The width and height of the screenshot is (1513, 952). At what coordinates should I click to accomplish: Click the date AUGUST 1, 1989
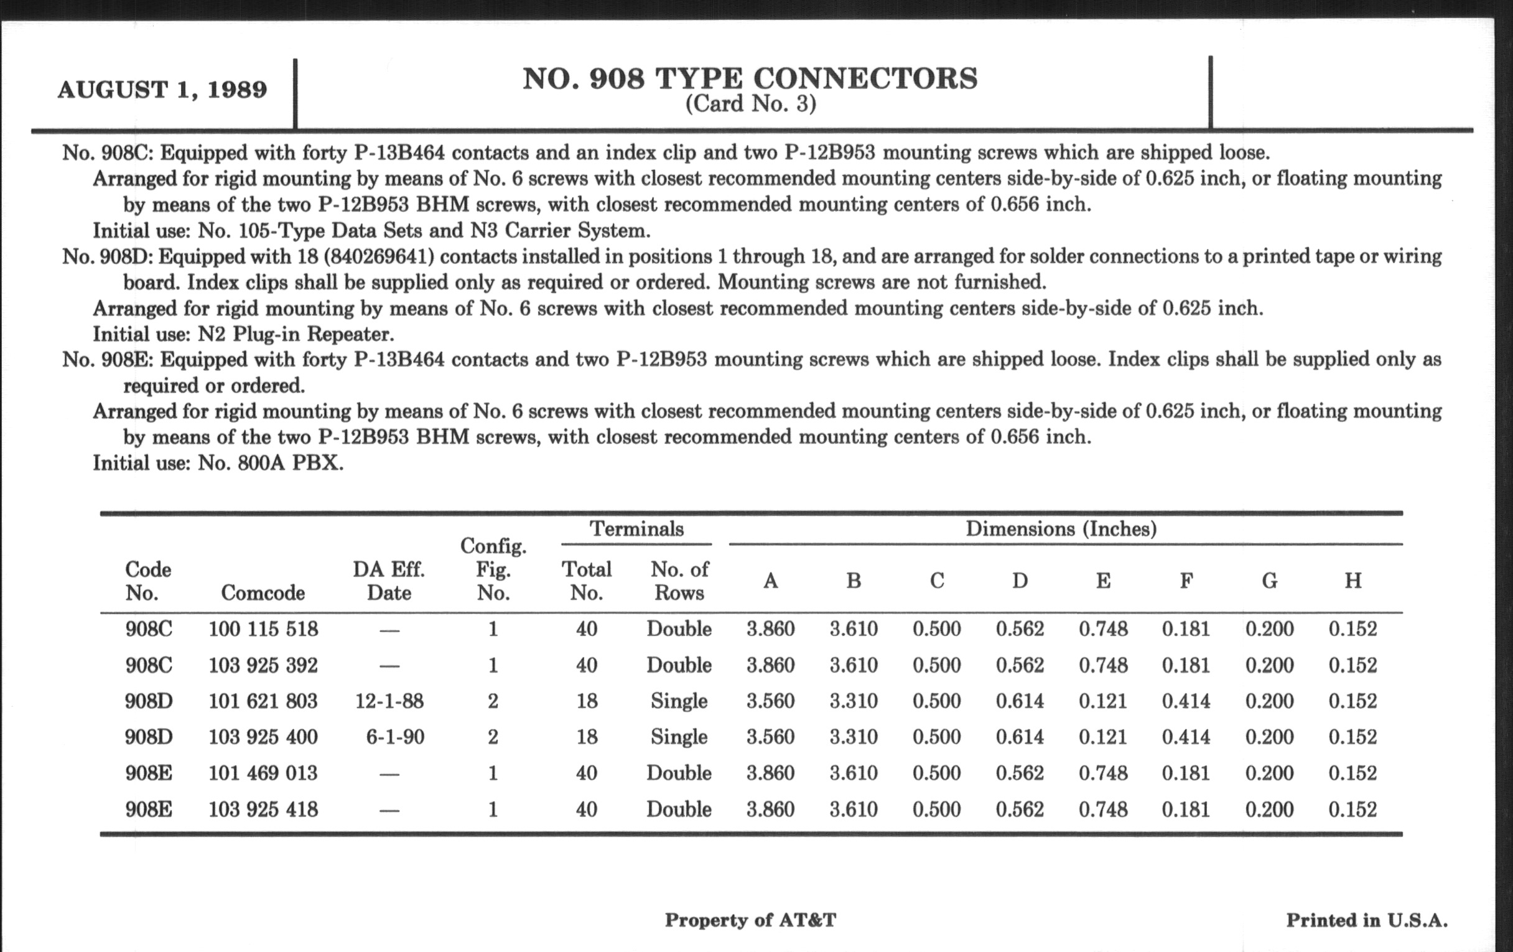pos(162,89)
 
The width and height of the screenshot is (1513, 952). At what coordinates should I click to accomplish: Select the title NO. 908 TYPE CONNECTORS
pos(750,78)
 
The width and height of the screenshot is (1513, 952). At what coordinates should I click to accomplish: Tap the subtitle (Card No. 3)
pos(750,104)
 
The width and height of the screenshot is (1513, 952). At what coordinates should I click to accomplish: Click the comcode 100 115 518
pos(263,629)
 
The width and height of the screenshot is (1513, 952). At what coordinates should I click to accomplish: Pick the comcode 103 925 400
pos(263,737)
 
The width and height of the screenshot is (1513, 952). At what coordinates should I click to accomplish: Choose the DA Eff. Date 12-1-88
pos(389,701)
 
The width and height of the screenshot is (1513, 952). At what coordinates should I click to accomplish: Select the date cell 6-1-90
pos(395,737)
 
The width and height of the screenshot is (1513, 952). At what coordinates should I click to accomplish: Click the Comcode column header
pos(263,592)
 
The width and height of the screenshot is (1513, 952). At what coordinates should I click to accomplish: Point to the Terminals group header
pos(636,528)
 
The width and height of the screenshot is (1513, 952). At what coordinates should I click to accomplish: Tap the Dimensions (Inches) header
pos(1061,528)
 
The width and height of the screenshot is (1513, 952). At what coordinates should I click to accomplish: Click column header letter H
pos(1352,580)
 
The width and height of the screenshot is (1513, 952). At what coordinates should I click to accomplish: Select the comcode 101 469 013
pos(263,773)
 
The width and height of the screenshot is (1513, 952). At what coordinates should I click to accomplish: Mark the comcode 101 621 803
pos(263,701)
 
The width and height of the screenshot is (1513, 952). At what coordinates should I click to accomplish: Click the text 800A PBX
pos(291,463)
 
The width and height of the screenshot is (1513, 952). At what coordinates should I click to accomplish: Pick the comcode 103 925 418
pos(263,809)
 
